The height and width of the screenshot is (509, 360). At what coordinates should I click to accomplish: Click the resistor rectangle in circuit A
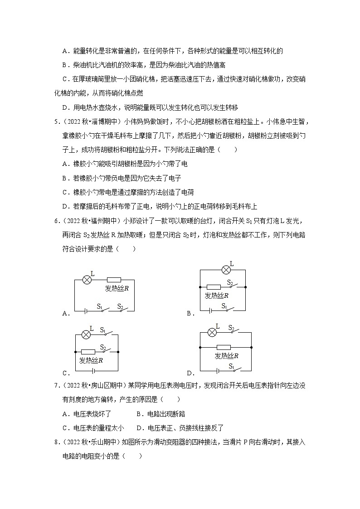[114, 280]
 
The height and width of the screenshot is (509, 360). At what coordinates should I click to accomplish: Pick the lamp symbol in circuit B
[225, 270]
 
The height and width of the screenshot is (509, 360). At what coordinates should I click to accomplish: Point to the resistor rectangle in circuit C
[88, 352]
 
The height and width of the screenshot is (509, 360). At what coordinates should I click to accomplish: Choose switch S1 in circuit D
[234, 369]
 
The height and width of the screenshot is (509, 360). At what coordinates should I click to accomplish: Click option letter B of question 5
[65, 178]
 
